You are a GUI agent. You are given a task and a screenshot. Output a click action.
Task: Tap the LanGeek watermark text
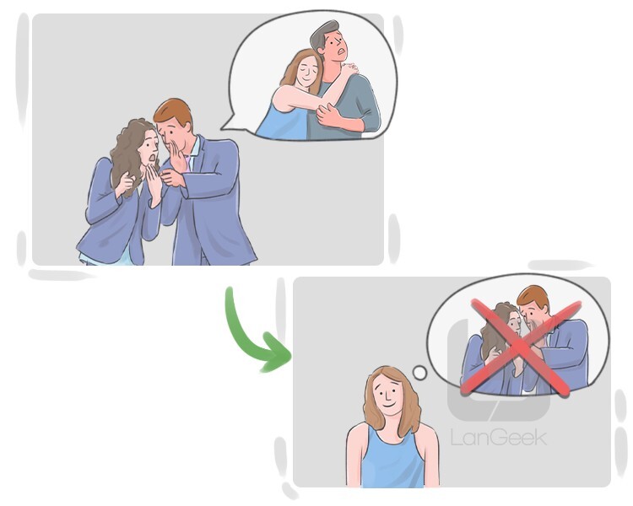tap(499, 438)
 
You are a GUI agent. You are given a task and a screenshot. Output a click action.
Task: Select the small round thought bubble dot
tap(419, 373)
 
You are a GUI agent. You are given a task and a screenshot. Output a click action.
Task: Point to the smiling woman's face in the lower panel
tap(388, 395)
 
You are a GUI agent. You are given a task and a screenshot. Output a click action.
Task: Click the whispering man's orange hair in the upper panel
tap(174, 112)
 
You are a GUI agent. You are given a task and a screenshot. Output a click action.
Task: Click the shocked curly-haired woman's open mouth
tap(151, 159)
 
